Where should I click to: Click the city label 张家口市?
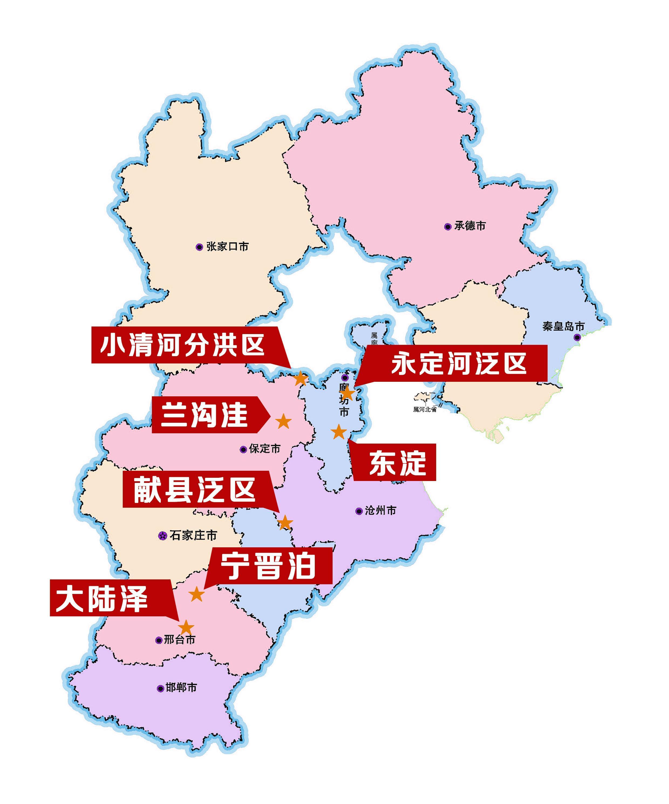pos(227,246)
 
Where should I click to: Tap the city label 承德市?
pos(470,226)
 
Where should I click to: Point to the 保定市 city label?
pos(265,449)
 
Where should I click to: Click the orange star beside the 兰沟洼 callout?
pos(284,421)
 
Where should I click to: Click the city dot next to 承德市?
pos(448,227)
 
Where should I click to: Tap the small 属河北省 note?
pos(425,409)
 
